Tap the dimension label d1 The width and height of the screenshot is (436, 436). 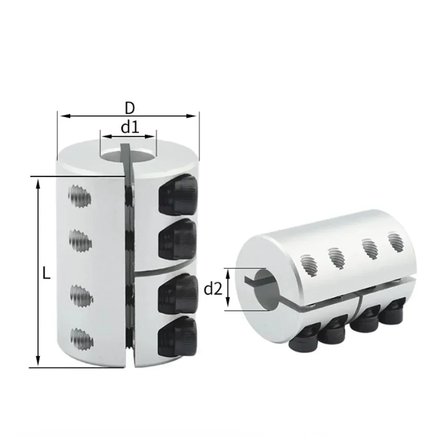pyautogui.click(x=129, y=127)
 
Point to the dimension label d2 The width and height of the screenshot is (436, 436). pyautogui.click(x=213, y=289)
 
